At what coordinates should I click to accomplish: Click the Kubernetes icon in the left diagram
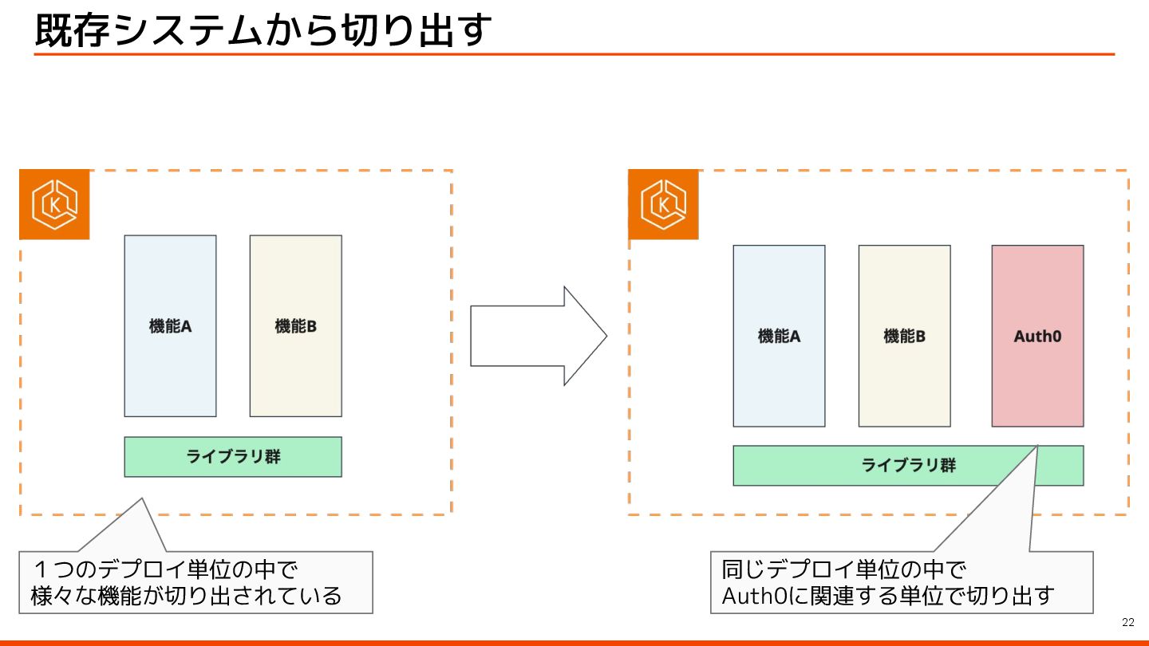54,204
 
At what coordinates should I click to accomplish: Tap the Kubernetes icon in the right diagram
663,204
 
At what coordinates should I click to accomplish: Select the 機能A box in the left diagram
170,325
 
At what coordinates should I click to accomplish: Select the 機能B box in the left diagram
295,325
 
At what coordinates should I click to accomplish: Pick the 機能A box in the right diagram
779,336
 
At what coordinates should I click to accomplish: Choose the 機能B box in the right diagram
904,336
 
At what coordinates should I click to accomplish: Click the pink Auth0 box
1037,336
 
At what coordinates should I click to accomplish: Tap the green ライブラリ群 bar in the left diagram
233,457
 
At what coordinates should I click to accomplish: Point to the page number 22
1127,623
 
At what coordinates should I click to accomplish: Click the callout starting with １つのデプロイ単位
195,582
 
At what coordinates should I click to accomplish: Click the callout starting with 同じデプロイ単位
900,582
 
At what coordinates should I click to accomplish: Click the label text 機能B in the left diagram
295,325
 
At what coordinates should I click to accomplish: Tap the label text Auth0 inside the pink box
1037,336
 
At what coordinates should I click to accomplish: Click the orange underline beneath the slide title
574,54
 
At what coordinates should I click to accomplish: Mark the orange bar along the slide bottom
574,642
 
